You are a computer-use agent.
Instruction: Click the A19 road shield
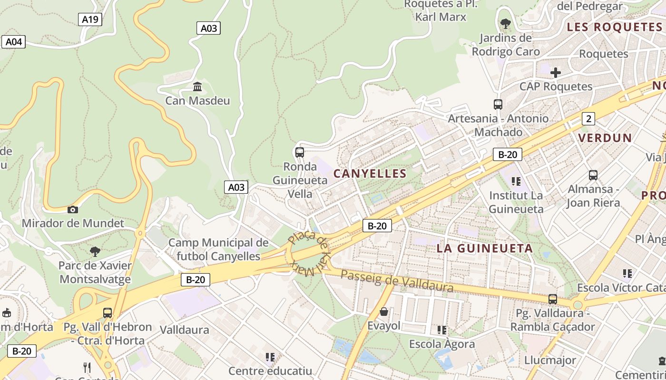(x=90, y=19)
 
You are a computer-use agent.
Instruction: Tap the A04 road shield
(x=13, y=42)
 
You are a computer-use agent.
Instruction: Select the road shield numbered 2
(x=588, y=119)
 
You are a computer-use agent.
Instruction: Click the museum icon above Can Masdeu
(x=197, y=86)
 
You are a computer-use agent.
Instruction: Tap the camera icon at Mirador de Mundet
(x=73, y=209)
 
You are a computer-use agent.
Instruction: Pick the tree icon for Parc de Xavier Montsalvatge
(x=95, y=251)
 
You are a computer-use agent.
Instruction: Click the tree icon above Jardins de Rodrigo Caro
(x=505, y=23)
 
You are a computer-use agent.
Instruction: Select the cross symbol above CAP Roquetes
(x=555, y=73)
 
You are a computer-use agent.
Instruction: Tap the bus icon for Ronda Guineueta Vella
(x=300, y=152)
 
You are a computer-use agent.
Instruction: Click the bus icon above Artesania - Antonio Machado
(x=498, y=104)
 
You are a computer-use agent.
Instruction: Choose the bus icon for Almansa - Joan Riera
(x=593, y=175)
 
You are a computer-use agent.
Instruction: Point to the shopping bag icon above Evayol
(x=384, y=312)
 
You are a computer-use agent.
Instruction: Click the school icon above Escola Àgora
(x=442, y=330)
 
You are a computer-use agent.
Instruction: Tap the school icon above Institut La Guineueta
(x=516, y=181)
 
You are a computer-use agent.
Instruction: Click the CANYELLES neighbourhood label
(x=370, y=174)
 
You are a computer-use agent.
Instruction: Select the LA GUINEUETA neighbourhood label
(x=485, y=248)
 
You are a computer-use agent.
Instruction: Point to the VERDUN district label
(x=605, y=138)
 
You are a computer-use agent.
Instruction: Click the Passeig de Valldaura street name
(x=397, y=281)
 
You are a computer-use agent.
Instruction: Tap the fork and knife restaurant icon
(x=87, y=367)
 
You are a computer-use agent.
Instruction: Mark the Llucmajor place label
(x=550, y=360)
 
